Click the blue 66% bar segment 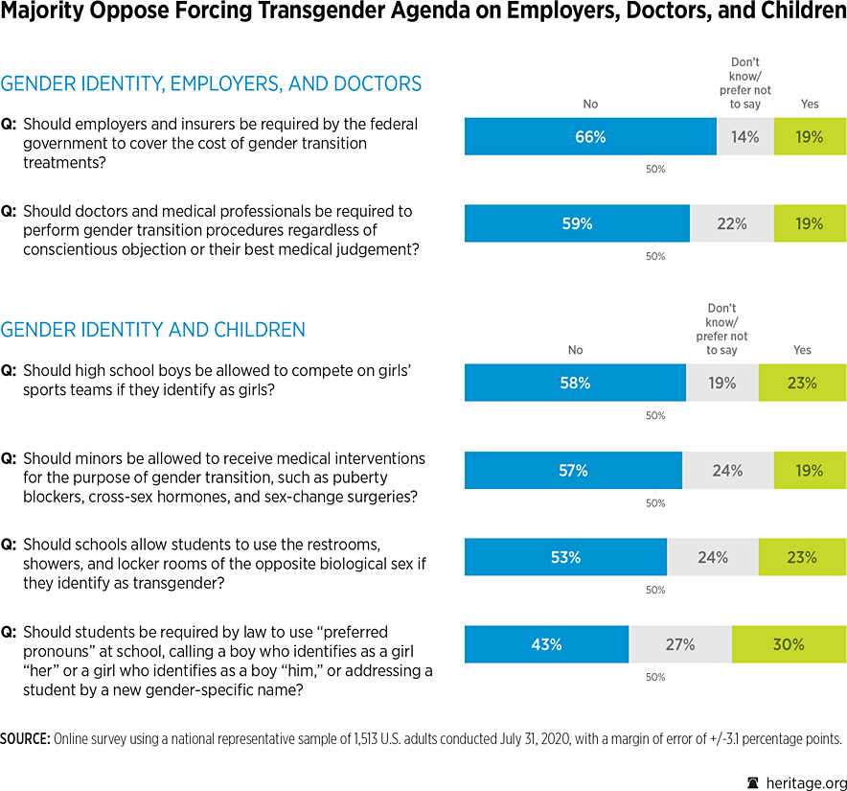590,137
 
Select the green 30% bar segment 789,644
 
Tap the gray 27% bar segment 679,644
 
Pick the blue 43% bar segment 546,644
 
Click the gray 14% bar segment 744,137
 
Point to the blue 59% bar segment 577,223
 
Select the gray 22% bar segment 731,223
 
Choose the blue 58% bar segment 575,383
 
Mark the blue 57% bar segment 573,470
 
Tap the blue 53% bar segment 565,557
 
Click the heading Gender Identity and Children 153,330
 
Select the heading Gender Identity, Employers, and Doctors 211,83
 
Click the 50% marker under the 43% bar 655,677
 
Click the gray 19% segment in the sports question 721,383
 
